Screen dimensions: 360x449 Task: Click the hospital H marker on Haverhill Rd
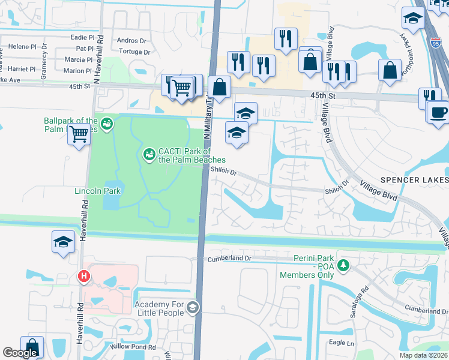[83, 277]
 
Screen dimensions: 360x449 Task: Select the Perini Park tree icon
[343, 265]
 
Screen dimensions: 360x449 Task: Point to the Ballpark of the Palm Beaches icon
[107, 124]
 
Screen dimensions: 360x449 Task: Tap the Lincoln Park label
[97, 191]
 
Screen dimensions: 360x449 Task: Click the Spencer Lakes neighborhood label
[414, 181]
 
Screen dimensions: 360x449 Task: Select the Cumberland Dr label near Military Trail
[229, 259]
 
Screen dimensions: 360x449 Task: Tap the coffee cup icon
[438, 111]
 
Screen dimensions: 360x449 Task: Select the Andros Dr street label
[132, 41]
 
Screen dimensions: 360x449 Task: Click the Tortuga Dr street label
[134, 52]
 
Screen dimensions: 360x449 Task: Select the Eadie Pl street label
[83, 37]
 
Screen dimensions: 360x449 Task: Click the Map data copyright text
[423, 355]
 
